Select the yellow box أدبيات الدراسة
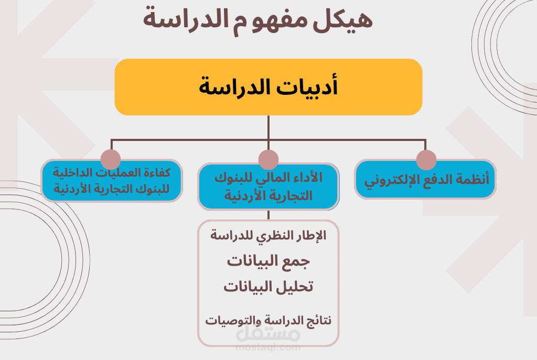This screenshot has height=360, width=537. point(268,87)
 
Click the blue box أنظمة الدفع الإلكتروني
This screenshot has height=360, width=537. point(425,180)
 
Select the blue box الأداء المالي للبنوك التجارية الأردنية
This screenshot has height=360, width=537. point(268,187)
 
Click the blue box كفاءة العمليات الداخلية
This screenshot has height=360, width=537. point(112,181)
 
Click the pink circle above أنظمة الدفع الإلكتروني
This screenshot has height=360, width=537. point(426,159)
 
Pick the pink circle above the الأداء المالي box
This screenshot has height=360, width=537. point(268,159)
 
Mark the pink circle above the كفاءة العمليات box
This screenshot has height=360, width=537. point(111,159)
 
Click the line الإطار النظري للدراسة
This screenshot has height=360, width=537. point(268,236)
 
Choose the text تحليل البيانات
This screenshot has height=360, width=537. point(268,287)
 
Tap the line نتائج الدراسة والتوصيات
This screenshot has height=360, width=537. point(268,320)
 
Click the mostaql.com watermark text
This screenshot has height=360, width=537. point(268,347)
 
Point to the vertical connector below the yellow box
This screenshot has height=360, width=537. point(268,127)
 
